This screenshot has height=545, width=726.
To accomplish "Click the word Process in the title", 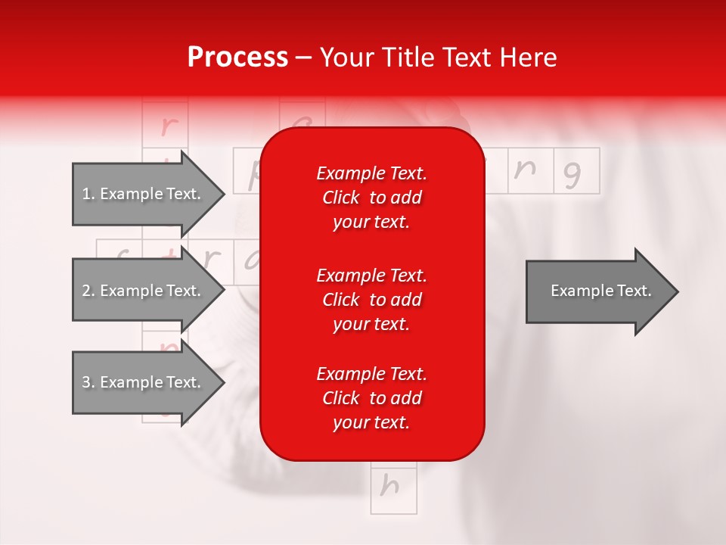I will (237, 58).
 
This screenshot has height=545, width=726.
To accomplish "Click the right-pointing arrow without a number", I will (597, 291).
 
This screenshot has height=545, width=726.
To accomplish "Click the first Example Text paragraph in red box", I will (371, 198).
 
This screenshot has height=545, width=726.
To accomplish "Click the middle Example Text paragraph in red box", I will (371, 299).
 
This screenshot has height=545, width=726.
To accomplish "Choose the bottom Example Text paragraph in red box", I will (371, 398).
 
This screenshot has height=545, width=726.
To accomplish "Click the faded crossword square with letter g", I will (576, 171).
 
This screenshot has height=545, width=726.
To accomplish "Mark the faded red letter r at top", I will (166, 126).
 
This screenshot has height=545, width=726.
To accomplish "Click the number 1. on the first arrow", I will (88, 194).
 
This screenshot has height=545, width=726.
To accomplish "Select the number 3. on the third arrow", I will (88, 382).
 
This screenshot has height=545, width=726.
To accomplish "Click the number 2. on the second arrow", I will (88, 291).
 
